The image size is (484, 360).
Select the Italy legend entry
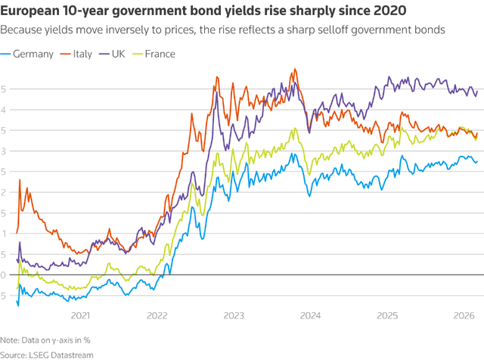(84, 54)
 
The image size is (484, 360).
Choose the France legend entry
(158, 54)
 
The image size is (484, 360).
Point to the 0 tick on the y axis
(5, 275)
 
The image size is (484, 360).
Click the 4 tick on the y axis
(5, 110)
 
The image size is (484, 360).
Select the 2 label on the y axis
(5, 192)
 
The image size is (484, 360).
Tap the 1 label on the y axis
(5, 233)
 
